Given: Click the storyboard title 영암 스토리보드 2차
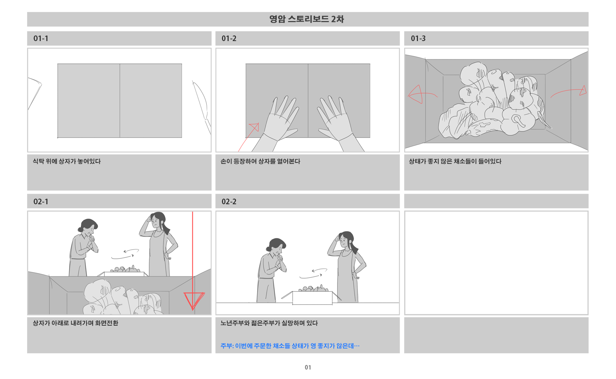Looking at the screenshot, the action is coord(307,19).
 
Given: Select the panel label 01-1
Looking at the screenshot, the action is coord(41,38).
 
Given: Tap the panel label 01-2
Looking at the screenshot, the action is coord(229,38).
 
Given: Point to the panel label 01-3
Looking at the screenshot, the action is coord(418,38).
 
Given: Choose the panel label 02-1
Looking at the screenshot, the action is coord(41,201).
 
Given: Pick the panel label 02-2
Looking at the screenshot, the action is coord(229,201).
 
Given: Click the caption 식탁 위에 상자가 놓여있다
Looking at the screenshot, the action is coord(67,161).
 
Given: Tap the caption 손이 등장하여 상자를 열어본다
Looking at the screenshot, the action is coord(260,161).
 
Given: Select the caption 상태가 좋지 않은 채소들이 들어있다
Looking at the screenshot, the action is coord(455,161).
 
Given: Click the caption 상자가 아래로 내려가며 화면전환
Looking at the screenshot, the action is coord(76,323).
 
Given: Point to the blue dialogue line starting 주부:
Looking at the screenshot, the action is coord(290,346).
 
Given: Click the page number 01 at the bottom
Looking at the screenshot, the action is coord(308,367).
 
